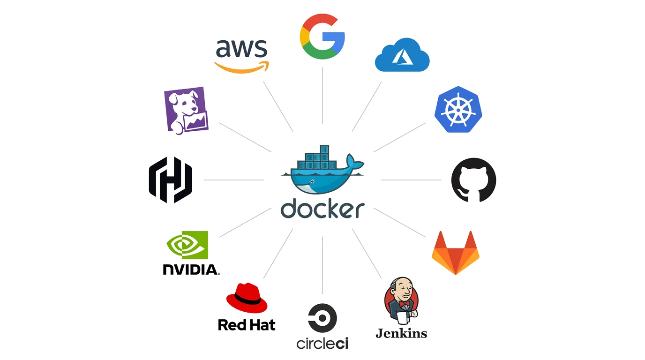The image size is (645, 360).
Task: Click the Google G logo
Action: tap(322, 37)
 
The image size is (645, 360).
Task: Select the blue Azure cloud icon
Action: tap(402, 57)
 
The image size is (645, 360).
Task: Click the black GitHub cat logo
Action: tap(473, 180)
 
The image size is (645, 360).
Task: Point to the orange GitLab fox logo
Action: tap(455, 252)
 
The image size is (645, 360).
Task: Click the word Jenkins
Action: tap(401, 333)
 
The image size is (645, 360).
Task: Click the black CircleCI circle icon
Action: tap(322, 317)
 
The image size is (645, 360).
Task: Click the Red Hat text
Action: tap(247, 325)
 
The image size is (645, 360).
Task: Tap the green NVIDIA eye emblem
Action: tap(187, 245)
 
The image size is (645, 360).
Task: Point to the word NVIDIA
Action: tap(190, 270)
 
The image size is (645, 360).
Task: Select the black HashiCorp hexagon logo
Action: tap(171, 180)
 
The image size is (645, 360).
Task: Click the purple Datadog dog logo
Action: tap(186, 111)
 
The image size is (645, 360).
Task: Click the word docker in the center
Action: tap(322, 210)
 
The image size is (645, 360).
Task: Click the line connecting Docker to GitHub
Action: tap(411, 180)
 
